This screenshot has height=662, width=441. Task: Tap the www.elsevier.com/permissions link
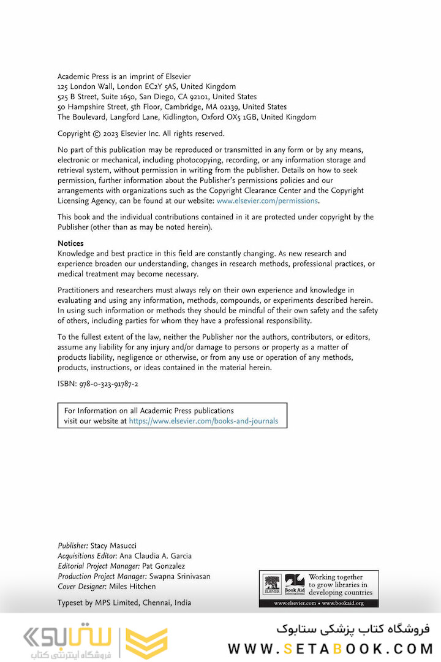tap(267, 200)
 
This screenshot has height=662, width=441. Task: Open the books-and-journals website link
tap(203, 421)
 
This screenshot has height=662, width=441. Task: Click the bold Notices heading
tap(70, 243)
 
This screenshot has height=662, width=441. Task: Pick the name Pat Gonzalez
tap(163, 566)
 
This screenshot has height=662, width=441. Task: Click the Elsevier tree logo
tap(272, 584)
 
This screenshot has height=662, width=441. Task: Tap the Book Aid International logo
tap(295, 584)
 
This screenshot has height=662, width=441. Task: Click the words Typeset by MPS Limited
tap(98, 603)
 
